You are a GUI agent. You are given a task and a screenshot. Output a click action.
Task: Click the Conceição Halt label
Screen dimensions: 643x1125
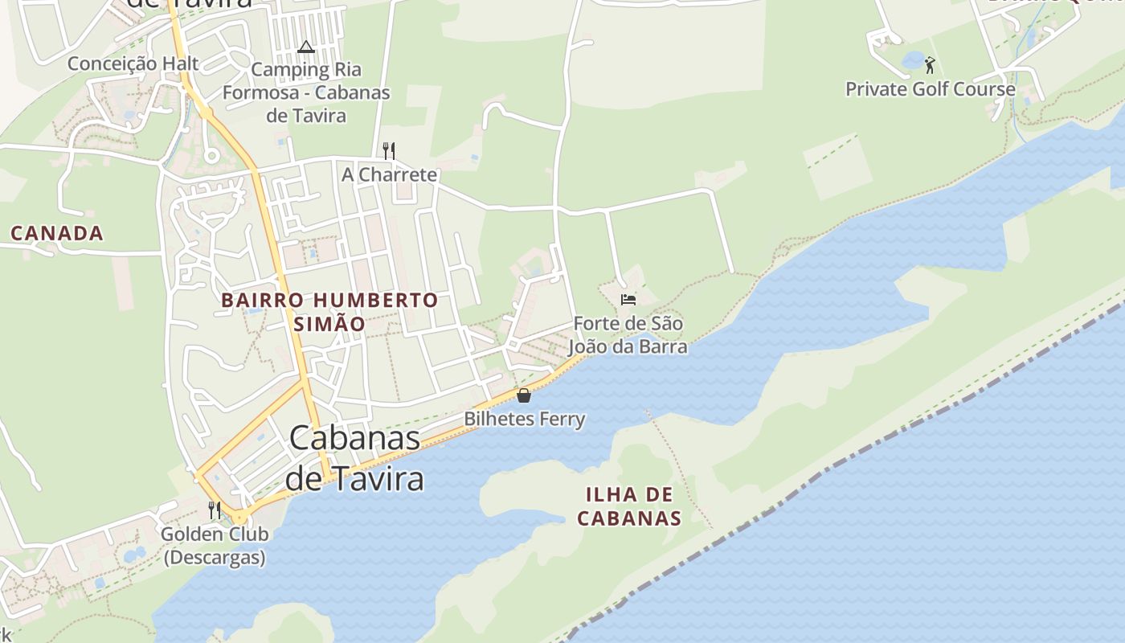[133, 63]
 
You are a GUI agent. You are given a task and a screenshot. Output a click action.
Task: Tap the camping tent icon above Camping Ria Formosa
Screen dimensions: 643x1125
[305, 47]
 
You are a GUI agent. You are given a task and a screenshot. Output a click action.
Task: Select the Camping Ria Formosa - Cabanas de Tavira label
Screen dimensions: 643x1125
[306, 92]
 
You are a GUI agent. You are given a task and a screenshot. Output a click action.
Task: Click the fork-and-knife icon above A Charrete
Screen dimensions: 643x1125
[389, 150]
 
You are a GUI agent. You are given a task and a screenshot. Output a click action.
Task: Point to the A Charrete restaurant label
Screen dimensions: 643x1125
[390, 174]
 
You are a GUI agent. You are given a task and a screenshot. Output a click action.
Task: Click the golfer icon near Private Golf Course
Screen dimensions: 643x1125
[930, 64]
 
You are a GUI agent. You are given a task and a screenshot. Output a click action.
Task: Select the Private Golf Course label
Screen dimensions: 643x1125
[931, 88]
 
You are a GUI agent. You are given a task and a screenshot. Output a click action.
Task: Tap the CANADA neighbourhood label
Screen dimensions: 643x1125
[57, 234]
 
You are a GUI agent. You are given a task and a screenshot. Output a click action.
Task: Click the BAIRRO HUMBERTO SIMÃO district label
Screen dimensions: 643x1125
[329, 312]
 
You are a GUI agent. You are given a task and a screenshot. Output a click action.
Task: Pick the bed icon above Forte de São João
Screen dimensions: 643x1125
[628, 300]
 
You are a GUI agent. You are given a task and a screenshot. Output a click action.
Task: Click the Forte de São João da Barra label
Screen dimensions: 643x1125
[628, 335]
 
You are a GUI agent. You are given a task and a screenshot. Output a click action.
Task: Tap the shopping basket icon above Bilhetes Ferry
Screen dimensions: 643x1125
[524, 395]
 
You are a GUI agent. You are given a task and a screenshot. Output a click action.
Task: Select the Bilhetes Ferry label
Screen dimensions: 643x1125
[525, 419]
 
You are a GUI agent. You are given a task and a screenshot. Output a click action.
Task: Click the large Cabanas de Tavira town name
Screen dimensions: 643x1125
[354, 458]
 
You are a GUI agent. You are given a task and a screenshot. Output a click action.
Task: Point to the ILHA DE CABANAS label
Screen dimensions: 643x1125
[629, 506]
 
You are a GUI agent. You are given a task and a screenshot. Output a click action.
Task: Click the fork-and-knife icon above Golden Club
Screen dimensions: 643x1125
[215, 510]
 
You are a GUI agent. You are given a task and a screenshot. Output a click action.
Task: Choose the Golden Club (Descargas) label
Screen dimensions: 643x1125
[215, 545]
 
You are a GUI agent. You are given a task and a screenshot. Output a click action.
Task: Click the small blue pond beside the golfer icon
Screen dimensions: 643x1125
[913, 59]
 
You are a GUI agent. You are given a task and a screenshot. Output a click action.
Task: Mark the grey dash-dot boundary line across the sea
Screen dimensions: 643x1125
[844, 458]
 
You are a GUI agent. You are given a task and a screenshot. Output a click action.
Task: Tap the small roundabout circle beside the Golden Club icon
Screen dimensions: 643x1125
[239, 517]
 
